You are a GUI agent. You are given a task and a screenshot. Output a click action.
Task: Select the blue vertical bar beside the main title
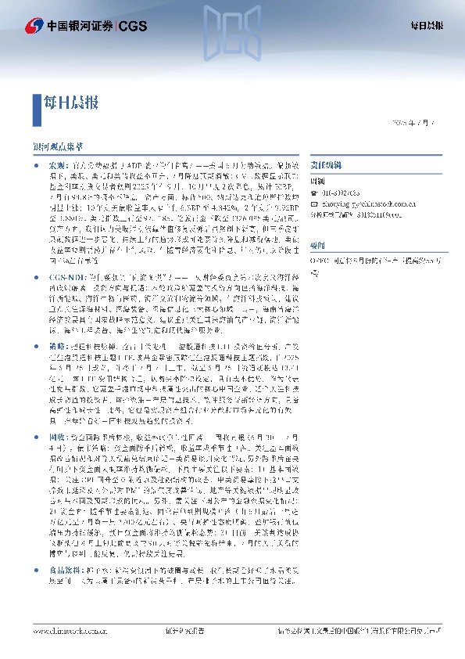pyautogui.click(x=36, y=103)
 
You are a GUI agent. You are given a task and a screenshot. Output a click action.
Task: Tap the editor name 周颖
pyautogui.click(x=317, y=179)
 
